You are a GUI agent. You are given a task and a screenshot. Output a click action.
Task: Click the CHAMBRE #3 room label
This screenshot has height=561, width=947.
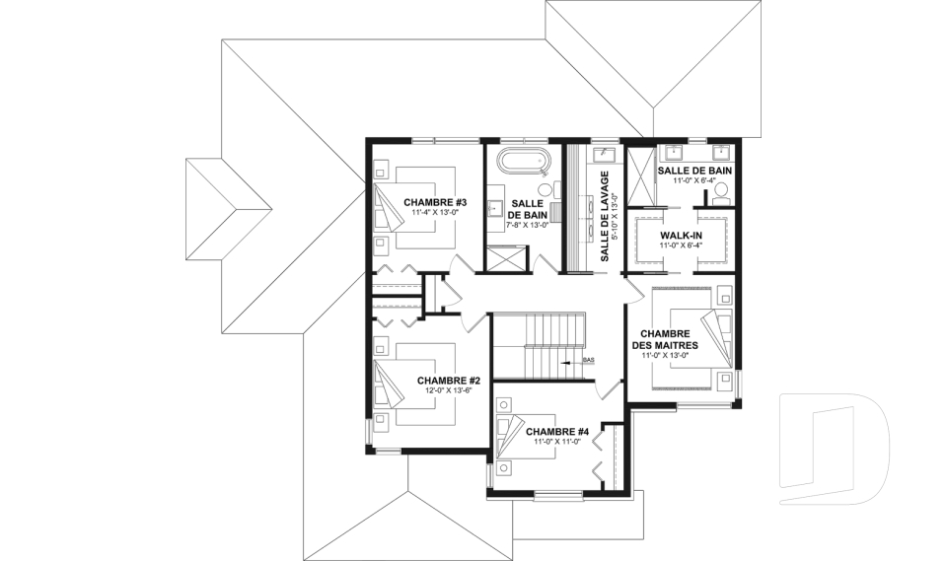click(x=435, y=202)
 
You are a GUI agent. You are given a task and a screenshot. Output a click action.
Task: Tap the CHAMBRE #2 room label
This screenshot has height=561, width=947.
click(x=449, y=381)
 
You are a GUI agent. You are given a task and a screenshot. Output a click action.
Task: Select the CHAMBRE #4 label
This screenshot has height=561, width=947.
click(x=557, y=432)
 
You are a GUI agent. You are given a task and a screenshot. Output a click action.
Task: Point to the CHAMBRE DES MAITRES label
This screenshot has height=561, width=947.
click(x=665, y=339)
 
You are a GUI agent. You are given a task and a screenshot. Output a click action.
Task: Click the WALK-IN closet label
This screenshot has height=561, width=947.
click(x=681, y=235)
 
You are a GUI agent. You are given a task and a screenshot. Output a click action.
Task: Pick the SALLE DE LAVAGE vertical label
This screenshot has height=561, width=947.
click(x=604, y=216)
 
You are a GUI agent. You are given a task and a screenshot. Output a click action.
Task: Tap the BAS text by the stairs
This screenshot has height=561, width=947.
click(x=589, y=360)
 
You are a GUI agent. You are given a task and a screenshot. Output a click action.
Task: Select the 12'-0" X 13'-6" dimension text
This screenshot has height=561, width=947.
click(x=448, y=390)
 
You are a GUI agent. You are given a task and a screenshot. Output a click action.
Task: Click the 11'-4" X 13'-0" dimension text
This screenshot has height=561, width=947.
click(x=435, y=213)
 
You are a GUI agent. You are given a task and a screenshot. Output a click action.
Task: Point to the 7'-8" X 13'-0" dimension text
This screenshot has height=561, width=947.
click(x=527, y=225)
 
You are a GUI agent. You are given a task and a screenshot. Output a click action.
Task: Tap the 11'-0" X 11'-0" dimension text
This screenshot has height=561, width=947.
click(x=556, y=442)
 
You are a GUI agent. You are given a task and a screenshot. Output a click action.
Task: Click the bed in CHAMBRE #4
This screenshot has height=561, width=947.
click(x=525, y=437)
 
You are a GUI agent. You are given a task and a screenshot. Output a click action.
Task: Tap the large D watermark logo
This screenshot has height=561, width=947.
click(x=834, y=448)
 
